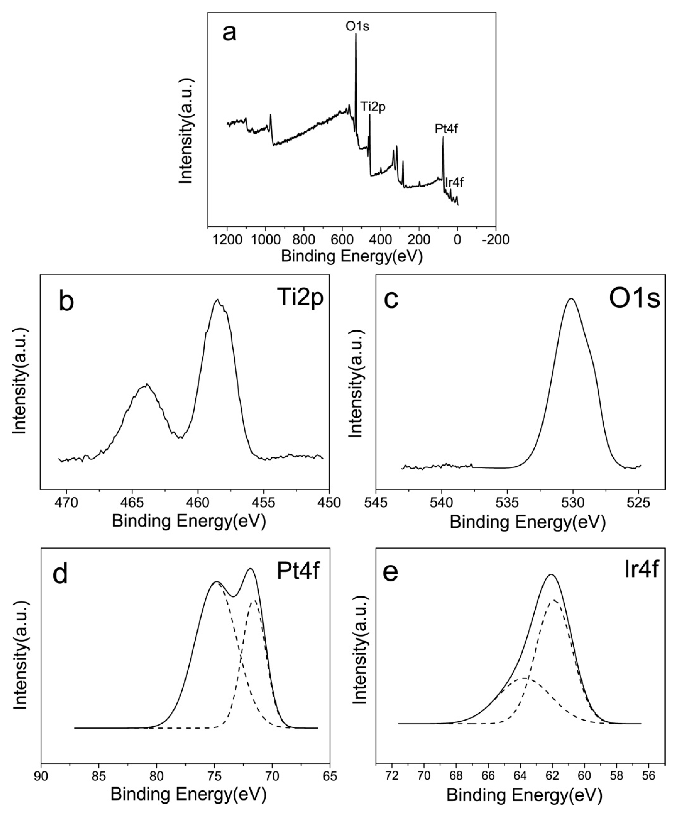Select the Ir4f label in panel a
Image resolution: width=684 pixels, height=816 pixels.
(x=454, y=182)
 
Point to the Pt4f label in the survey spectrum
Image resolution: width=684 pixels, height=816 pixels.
(x=446, y=129)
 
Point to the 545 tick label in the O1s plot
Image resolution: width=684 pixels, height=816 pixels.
(x=376, y=502)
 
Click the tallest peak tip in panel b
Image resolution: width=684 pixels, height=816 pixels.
(x=218, y=300)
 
